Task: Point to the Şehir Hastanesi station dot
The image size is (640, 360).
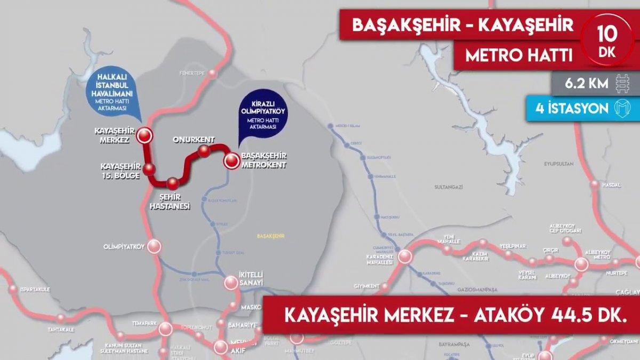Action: (172, 184)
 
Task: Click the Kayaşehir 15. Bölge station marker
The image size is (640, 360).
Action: (150, 170)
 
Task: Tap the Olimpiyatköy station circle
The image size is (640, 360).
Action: (154, 246)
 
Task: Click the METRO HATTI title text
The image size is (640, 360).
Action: (511, 55)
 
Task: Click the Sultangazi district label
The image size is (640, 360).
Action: (450, 188)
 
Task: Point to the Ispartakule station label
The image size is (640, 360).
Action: (35, 290)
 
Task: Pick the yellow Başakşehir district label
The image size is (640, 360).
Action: (270, 235)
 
